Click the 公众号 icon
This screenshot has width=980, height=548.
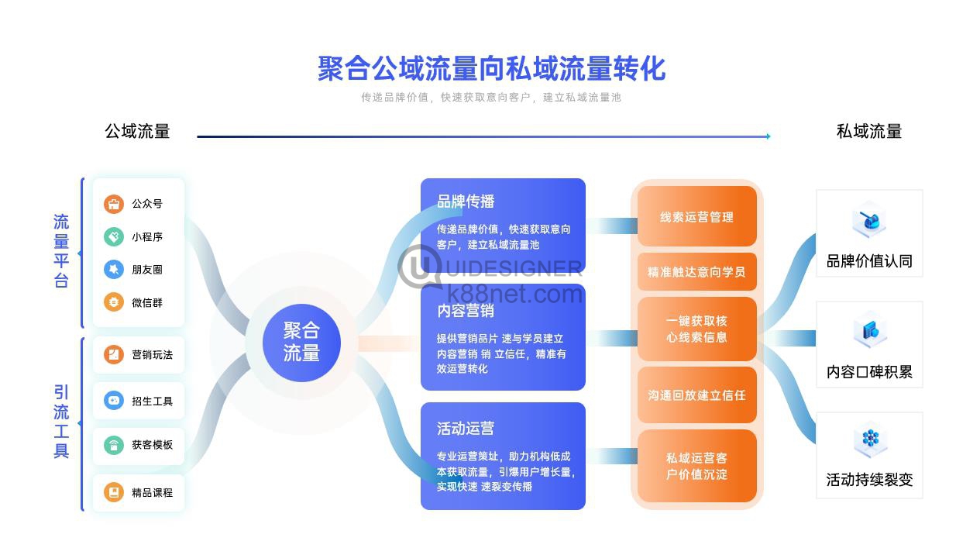114,204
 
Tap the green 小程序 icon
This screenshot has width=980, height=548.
114,237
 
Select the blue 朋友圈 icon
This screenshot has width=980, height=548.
114,269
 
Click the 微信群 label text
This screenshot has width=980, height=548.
147,302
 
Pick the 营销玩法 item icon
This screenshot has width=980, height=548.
114,354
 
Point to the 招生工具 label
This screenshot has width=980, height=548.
153,401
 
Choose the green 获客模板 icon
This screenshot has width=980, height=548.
114,446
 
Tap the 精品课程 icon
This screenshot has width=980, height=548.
114,492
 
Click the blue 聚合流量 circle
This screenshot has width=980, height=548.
301,343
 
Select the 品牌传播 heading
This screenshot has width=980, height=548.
466,202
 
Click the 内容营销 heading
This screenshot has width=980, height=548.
466,311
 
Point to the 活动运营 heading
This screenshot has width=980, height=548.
466,428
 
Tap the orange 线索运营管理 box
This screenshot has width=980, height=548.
697,216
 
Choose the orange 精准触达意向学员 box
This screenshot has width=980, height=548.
697,272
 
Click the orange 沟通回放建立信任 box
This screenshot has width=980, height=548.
697,395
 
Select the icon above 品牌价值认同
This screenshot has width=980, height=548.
869,221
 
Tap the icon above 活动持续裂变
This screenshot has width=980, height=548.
870,439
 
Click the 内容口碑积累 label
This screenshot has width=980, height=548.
869,372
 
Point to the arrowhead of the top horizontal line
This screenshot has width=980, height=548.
769,136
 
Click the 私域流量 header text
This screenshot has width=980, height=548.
869,131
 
